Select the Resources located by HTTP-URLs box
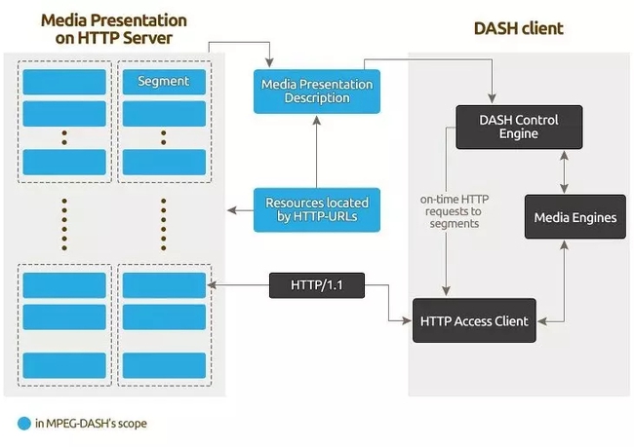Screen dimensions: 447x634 pyautogui.click(x=316, y=208)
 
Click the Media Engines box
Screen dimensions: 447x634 pyautogui.click(x=575, y=217)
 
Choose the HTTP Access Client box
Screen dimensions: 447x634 pyautogui.click(x=474, y=320)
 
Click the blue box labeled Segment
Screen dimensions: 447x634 pyautogui.click(x=163, y=81)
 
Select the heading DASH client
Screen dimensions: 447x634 pyautogui.click(x=518, y=29)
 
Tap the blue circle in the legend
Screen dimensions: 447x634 pyautogui.click(x=24, y=424)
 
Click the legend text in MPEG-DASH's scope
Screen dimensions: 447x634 pyautogui.click(x=94, y=424)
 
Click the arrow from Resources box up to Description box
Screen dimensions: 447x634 pyautogui.click(x=316, y=151)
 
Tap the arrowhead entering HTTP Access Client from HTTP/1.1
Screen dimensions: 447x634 pyautogui.click(x=407, y=319)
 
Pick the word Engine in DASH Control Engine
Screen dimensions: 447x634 pyautogui.click(x=519, y=133)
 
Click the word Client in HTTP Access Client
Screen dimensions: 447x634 pyautogui.click(x=508, y=320)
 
